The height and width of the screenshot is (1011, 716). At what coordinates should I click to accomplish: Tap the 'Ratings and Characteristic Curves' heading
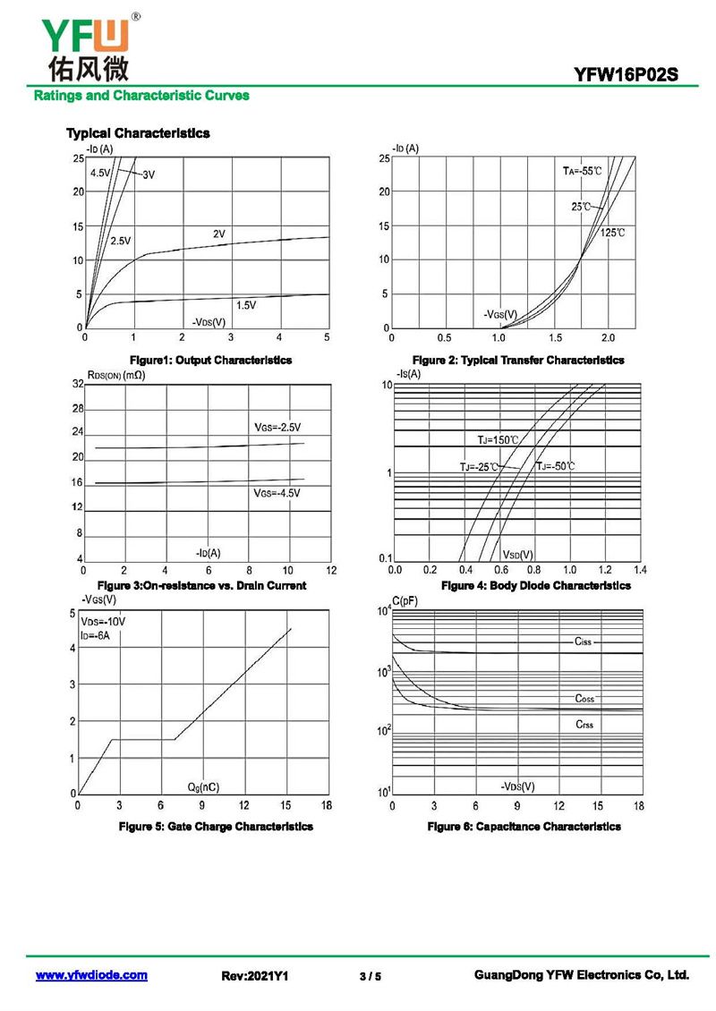point(141,95)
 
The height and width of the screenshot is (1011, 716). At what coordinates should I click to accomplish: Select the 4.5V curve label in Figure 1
point(100,173)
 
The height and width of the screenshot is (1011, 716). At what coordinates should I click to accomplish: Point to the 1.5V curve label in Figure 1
point(246,305)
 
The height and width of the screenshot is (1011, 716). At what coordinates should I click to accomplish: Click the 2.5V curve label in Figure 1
point(121,241)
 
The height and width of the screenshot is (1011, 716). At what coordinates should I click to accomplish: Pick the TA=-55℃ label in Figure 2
point(582,170)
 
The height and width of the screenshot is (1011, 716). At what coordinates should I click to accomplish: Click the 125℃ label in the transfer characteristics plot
point(612,233)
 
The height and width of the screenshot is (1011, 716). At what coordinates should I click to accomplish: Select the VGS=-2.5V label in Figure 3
point(277,427)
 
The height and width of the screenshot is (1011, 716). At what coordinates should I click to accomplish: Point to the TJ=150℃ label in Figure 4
point(498,439)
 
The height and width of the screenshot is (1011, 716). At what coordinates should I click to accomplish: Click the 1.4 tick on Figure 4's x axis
point(639,569)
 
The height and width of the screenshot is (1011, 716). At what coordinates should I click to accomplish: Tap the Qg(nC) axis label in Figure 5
point(203,786)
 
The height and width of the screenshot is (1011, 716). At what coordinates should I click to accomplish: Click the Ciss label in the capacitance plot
point(584,641)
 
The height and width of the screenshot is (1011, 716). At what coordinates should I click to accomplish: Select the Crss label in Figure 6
point(584,724)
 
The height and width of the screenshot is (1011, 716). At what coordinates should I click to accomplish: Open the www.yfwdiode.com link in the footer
point(91,975)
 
